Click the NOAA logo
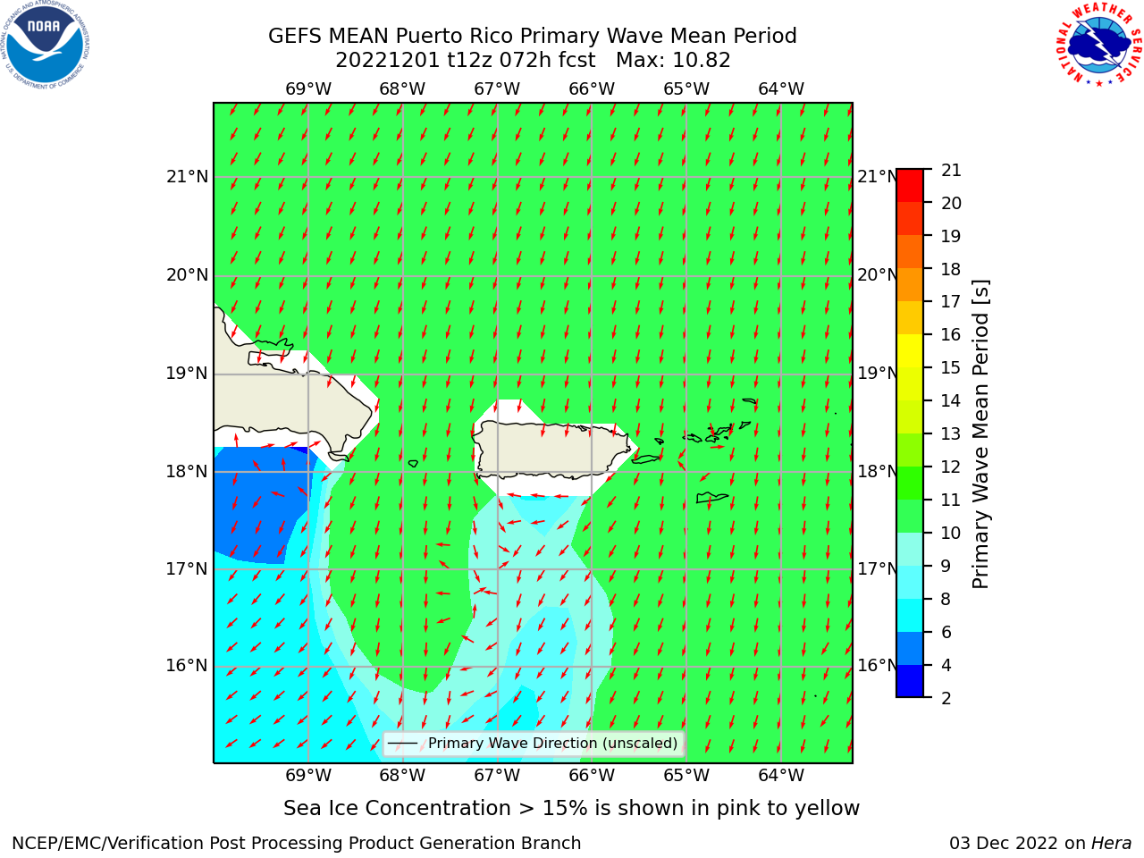[x=46, y=45]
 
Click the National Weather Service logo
[x=1098, y=44]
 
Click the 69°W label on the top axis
[x=308, y=89]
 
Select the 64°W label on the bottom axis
[x=781, y=776]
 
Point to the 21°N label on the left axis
[x=187, y=177]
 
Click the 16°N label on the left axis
[x=187, y=666]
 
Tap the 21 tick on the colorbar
[x=951, y=171]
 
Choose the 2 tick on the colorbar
[x=946, y=699]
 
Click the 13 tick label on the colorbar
[x=951, y=434]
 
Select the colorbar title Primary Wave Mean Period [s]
[x=980, y=434]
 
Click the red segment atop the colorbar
[x=910, y=186]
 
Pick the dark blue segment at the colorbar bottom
[x=910, y=681]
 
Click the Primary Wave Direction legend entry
[x=534, y=744]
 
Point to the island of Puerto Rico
[x=554, y=450]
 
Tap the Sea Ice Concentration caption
[x=571, y=809]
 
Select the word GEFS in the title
[x=296, y=37]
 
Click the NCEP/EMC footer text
[x=296, y=844]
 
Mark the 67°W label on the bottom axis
[x=497, y=776]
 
